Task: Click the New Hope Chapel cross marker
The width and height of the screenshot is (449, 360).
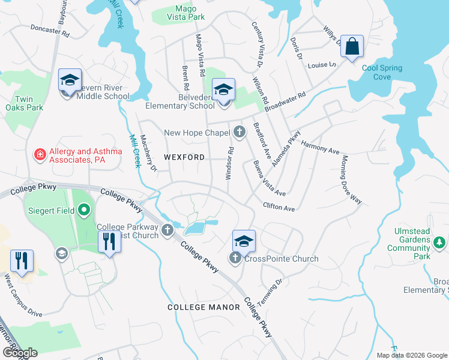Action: (240, 132)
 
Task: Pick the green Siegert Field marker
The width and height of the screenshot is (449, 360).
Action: (84, 210)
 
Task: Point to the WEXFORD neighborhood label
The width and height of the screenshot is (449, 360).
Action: (184, 157)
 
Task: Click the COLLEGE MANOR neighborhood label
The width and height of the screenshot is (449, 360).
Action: (203, 307)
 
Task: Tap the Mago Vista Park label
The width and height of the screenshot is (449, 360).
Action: (181, 13)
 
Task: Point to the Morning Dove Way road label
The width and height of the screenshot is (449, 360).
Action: (352, 179)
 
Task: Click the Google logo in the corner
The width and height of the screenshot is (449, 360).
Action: (20, 353)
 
